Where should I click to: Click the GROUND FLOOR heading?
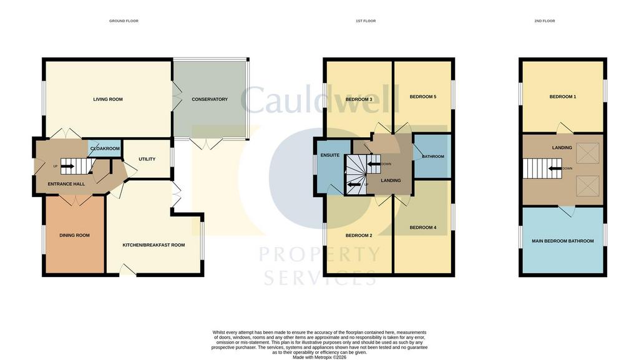(x=124, y=21)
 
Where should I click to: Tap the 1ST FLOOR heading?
(x=366, y=21)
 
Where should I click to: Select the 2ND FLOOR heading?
(x=544, y=21)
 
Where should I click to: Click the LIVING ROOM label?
(x=108, y=99)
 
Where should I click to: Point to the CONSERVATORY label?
(x=210, y=99)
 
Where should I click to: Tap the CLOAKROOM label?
(x=105, y=148)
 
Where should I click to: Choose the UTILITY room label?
(x=147, y=159)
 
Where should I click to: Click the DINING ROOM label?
(x=75, y=235)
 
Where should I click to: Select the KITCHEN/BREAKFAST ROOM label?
(x=154, y=245)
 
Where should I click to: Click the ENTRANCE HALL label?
(x=66, y=184)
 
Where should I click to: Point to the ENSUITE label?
(x=330, y=155)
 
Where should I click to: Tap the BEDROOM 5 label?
(x=423, y=97)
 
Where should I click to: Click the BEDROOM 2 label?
(x=359, y=235)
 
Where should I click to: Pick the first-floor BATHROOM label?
(x=433, y=157)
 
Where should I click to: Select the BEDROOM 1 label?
(x=563, y=97)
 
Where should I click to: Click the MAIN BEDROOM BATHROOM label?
(x=563, y=241)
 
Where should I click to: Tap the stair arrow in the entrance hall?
(x=67, y=166)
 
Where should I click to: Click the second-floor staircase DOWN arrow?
(x=555, y=168)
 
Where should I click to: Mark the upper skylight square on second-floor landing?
(x=588, y=153)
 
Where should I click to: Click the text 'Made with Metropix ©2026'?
(x=319, y=358)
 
